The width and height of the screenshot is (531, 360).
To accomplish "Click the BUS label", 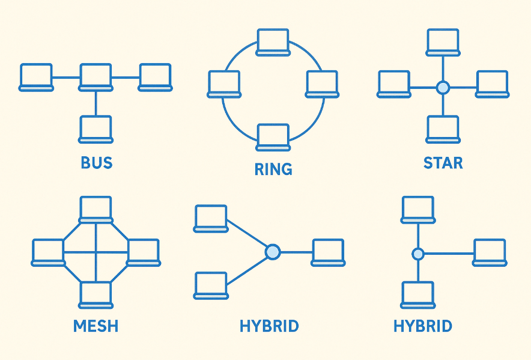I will point(97,163).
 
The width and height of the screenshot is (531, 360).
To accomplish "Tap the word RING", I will point(273,169).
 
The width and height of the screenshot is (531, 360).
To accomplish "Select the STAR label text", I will point(443,163).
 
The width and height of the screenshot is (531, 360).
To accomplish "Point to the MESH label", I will point(96,326).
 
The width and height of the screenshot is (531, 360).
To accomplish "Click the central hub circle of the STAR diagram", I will point(443,88).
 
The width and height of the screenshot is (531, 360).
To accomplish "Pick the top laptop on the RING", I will point(273,41).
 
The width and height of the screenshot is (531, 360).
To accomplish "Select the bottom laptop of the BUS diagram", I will point(96,129).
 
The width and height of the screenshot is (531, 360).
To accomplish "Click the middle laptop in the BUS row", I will point(96,77).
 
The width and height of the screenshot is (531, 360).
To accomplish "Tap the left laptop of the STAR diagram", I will point(394,84).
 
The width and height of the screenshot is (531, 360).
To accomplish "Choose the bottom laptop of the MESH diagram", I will point(96,294).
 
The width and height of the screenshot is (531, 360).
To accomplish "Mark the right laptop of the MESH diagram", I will point(144,252).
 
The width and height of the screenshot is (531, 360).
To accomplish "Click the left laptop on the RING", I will point(225,84).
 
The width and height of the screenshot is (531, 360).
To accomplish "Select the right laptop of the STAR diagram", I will point(492,84).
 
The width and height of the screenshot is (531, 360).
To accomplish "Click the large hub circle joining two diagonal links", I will point(273,251).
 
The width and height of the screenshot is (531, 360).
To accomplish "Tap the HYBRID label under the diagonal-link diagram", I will point(269,326).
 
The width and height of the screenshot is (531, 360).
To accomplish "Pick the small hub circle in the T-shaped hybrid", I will point(418,254).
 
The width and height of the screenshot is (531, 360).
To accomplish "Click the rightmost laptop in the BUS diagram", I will point(156,77).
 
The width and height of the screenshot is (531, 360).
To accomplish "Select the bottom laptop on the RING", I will point(273,136).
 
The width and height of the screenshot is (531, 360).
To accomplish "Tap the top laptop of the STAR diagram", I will point(443,41).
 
